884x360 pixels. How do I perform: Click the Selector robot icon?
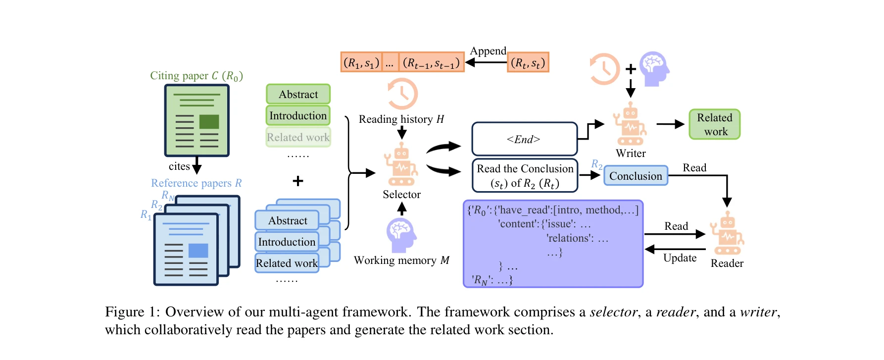(x=401, y=165)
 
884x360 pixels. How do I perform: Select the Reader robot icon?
(x=727, y=233)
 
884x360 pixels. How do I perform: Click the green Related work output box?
(x=714, y=124)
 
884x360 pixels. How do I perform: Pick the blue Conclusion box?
(x=636, y=176)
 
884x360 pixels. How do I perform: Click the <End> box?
(x=524, y=139)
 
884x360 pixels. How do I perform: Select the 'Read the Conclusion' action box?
(x=525, y=175)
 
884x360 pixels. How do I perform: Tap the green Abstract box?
(x=298, y=94)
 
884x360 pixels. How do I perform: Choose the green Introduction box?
(x=298, y=115)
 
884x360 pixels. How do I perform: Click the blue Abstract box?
(x=288, y=220)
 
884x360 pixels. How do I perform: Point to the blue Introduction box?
(x=287, y=242)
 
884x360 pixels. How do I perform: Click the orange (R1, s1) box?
(x=361, y=62)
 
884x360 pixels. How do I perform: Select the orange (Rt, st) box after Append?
(x=528, y=62)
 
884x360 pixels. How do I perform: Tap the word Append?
(x=488, y=51)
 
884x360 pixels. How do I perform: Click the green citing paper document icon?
(x=196, y=120)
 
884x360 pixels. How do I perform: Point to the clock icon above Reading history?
(x=402, y=94)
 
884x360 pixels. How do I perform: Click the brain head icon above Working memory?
(x=401, y=235)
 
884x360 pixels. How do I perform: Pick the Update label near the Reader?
(x=680, y=258)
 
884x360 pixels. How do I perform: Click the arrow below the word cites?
(x=196, y=165)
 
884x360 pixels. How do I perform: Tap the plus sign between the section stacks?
(x=298, y=181)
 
